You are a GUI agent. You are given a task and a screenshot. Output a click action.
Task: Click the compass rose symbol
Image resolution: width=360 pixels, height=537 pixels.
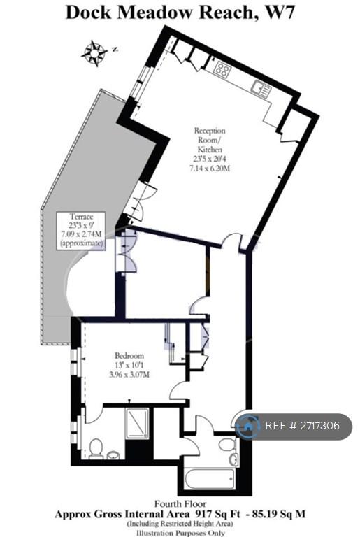click(94, 52)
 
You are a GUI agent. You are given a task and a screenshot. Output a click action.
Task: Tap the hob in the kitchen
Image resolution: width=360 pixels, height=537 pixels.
click(222, 69)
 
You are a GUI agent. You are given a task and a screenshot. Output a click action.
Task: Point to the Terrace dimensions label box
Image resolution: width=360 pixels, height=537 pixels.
click(81, 230)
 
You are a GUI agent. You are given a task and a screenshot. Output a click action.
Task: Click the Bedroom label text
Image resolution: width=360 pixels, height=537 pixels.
click(129, 355)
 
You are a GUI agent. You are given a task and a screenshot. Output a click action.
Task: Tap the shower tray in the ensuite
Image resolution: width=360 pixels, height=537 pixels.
click(138, 423)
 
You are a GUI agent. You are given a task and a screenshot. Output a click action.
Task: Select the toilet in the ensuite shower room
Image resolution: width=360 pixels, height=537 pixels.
click(96, 448)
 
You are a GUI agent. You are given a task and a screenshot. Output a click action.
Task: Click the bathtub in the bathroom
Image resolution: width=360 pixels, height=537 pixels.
click(209, 479)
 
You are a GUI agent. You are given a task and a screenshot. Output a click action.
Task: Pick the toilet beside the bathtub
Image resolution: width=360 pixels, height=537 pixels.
click(226, 445)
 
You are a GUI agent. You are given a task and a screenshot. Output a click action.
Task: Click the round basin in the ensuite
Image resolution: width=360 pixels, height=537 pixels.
click(113, 454)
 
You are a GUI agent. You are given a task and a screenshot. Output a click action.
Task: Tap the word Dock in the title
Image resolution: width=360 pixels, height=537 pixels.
click(88, 13)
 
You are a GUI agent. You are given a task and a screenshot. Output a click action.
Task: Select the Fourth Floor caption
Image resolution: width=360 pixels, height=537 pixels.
click(180, 503)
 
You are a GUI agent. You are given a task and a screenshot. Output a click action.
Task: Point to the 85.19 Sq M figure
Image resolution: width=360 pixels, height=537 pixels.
click(278, 514)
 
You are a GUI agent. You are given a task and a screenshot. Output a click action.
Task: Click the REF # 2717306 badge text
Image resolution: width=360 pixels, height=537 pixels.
click(303, 426)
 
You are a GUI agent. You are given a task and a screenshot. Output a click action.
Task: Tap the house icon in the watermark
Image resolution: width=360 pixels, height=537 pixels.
click(247, 427)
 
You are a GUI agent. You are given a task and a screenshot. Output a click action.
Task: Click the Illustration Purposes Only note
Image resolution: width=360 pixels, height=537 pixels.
click(180, 533)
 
